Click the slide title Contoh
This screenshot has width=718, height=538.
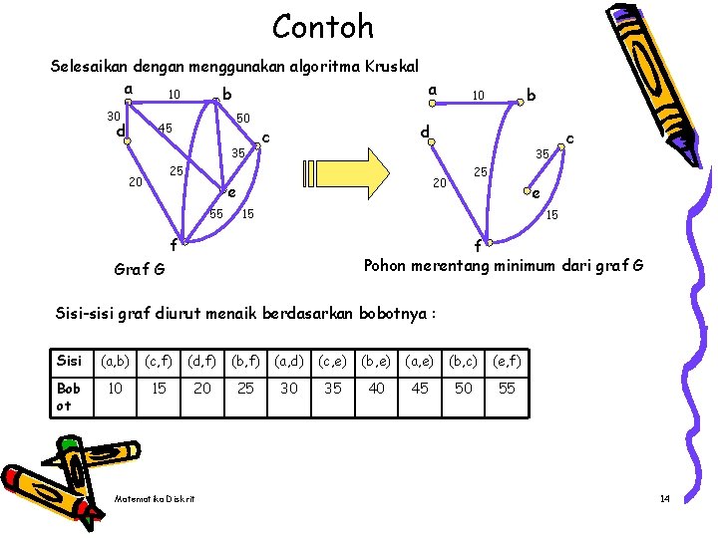click(x=323, y=26)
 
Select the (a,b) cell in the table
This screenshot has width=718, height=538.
click(x=115, y=361)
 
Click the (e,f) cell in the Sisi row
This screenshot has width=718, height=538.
click(x=507, y=361)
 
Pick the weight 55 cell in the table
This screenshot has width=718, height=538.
click(x=507, y=388)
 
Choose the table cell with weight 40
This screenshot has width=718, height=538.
click(x=376, y=388)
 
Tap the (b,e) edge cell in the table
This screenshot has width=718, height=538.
click(x=376, y=361)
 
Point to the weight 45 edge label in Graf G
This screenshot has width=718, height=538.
click(x=166, y=129)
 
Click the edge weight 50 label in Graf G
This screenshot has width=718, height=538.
click(x=242, y=118)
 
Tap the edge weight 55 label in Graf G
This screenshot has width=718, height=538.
click(x=216, y=214)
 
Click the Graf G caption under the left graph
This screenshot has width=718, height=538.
click(x=141, y=269)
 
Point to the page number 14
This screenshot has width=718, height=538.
click(x=664, y=497)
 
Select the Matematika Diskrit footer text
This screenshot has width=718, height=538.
click(x=156, y=498)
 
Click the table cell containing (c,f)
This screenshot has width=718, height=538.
click(x=159, y=361)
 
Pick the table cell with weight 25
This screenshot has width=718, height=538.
click(x=245, y=388)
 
